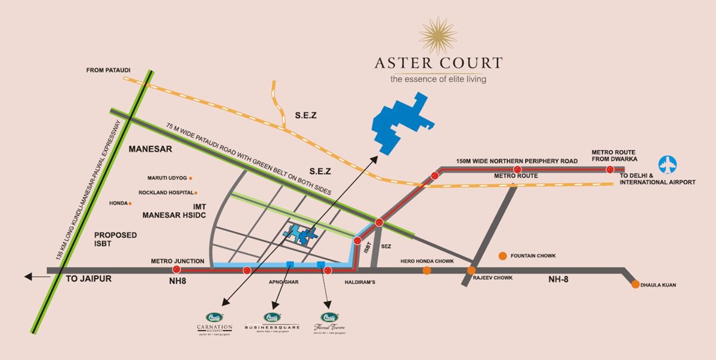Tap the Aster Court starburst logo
click(x=438, y=35)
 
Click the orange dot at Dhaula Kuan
click(x=635, y=284)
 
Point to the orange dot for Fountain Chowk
click(x=502, y=256)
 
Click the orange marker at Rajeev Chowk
click(x=471, y=270)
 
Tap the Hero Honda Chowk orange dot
click(x=427, y=270)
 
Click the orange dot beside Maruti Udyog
click(x=191, y=178)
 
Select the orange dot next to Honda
click(x=129, y=204)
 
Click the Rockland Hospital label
click(x=166, y=193)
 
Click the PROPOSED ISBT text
click(x=115, y=239)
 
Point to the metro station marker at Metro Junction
click(x=175, y=270)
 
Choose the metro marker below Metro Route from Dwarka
click(x=610, y=170)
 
